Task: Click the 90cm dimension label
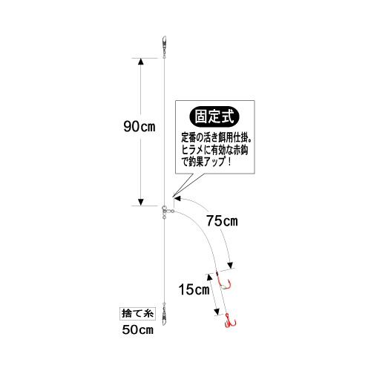pyautogui.click(x=139, y=126)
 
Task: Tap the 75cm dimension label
pyautogui.click(x=222, y=221)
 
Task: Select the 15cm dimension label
pyautogui.click(x=194, y=289)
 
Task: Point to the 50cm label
pyautogui.click(x=138, y=329)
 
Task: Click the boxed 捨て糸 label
pyautogui.click(x=137, y=314)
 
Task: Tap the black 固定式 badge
pyautogui.click(x=214, y=116)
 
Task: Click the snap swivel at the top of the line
pyautogui.click(x=164, y=47)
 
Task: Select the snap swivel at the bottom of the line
pyautogui.click(x=164, y=314)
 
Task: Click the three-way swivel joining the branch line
pyautogui.click(x=166, y=211)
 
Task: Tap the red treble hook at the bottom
pyautogui.click(x=229, y=321)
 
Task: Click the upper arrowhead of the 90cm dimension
pyautogui.click(x=141, y=62)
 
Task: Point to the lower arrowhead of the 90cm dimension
pyautogui.click(x=141, y=202)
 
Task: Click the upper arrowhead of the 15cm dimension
pyautogui.click(x=209, y=277)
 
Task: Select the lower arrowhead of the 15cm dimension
pyautogui.click(x=217, y=312)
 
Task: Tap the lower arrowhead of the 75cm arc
pyautogui.click(x=231, y=265)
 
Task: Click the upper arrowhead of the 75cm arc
pyautogui.click(x=177, y=198)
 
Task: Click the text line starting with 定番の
pyautogui.click(x=217, y=138)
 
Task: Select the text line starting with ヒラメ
pyautogui.click(x=214, y=150)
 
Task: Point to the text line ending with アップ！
pyautogui.click(x=206, y=162)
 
